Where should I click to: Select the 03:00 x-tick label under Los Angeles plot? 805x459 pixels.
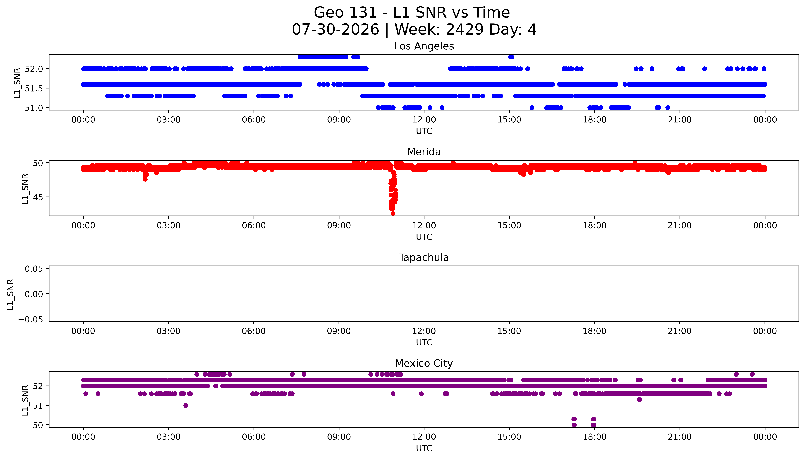[x=168, y=120]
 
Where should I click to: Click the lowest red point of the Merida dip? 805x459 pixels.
[x=393, y=213]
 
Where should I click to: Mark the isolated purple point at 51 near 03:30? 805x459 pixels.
[x=186, y=405]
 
